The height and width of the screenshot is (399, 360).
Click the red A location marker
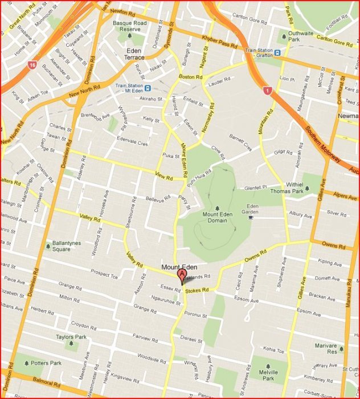(x=182, y=276)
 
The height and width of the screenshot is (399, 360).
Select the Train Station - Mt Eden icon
(x=148, y=88)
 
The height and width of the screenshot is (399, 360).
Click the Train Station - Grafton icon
(x=277, y=53)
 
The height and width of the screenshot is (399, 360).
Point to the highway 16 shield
(x=32, y=65)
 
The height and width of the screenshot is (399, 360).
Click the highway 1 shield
(x=267, y=90)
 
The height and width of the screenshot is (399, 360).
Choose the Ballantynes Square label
(x=69, y=246)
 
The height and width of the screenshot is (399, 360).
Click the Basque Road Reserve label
(x=130, y=26)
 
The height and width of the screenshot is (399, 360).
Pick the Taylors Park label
(x=70, y=337)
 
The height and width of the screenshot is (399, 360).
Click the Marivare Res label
(x=325, y=348)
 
